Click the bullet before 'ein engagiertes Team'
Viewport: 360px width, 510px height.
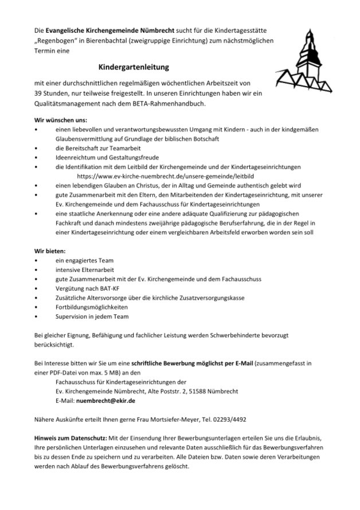[37, 260]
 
